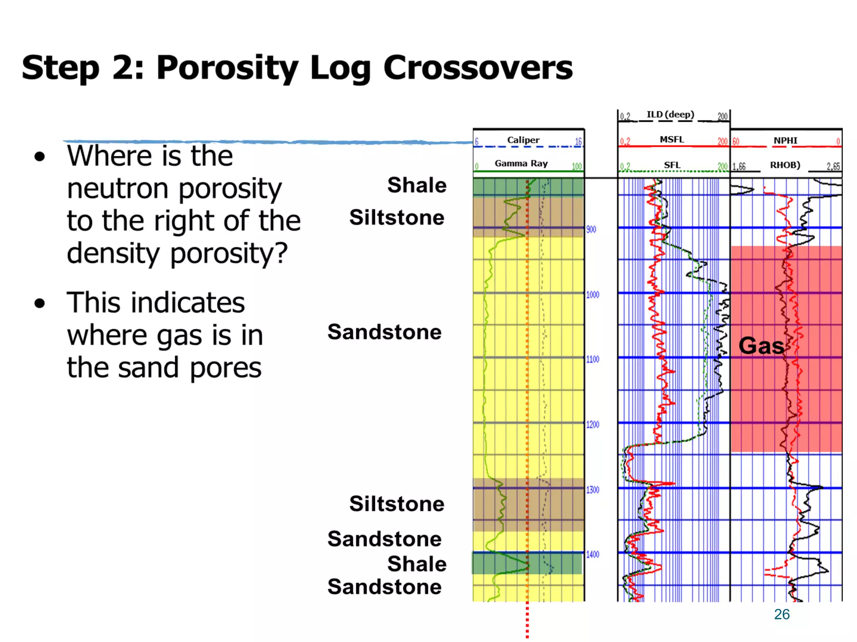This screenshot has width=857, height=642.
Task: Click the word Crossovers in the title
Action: [477, 68]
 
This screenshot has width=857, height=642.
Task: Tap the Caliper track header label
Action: [523, 140]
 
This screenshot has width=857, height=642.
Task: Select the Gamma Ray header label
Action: [521, 163]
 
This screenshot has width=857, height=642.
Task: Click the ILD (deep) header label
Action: [670, 115]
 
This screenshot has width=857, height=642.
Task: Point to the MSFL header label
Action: [672, 140]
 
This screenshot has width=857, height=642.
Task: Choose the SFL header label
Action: [672, 165]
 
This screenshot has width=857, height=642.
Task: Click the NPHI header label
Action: [785, 140]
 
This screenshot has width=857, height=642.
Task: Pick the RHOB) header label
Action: [785, 165]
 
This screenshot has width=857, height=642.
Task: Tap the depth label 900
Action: [591, 229]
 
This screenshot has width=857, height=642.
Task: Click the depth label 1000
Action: [593, 295]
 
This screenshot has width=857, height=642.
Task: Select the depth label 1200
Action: [593, 425]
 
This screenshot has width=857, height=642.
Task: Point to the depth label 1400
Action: [593, 555]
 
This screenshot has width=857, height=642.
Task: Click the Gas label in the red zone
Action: [761, 346]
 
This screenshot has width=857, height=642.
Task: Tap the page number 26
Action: [782, 614]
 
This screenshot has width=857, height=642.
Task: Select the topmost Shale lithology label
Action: [417, 185]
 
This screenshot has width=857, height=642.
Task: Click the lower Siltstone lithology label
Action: [397, 504]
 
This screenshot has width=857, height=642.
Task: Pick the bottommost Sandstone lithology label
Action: [384, 587]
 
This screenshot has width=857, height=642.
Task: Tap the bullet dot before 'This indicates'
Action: [40, 303]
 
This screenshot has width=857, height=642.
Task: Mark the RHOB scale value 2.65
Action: [833, 166]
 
